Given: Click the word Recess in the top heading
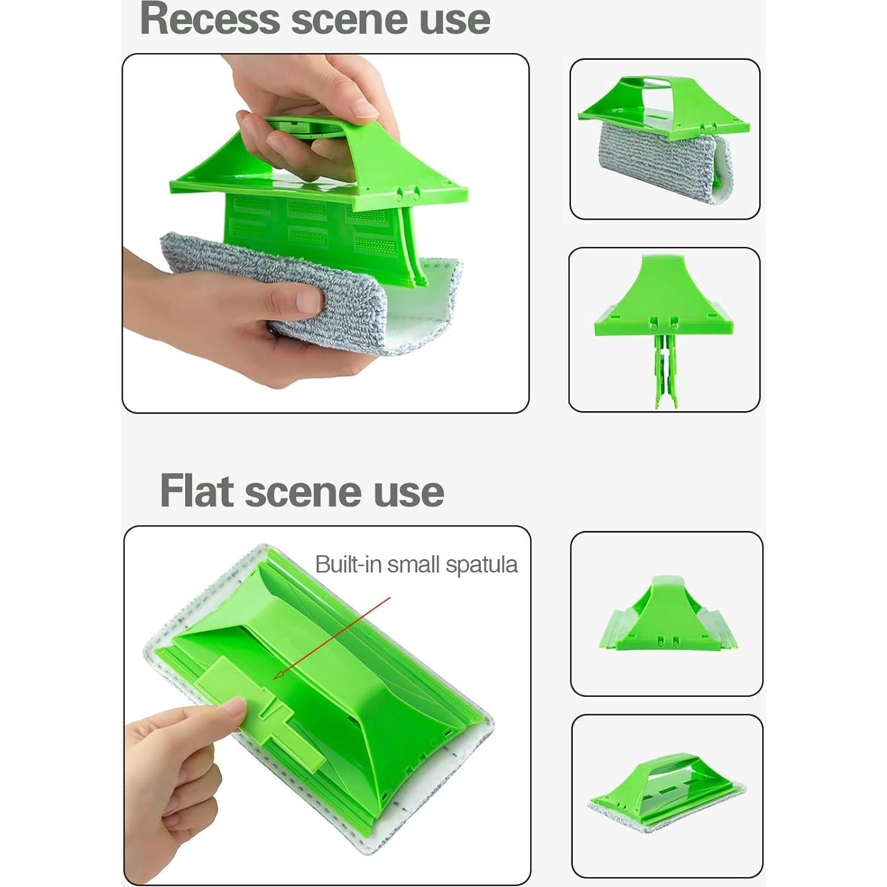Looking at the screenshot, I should [210, 20].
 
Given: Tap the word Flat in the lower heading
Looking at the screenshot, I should [197, 491].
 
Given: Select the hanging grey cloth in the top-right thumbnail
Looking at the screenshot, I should [664, 164].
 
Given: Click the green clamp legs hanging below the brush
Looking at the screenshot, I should [665, 370].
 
